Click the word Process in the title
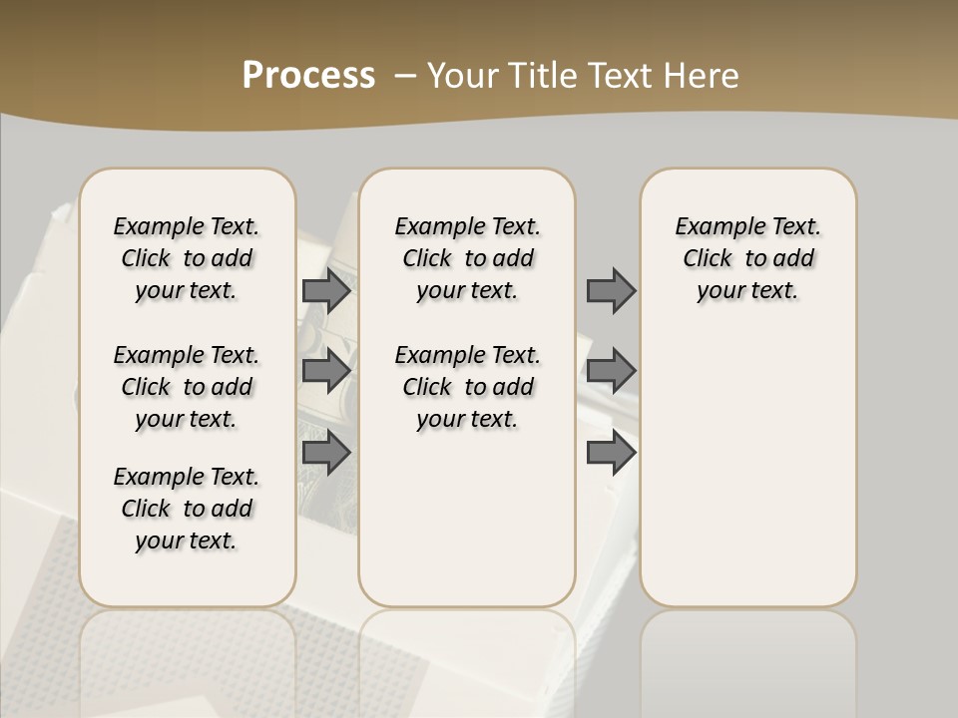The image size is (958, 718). coord(308,76)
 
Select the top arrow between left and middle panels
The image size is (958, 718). coord(326,290)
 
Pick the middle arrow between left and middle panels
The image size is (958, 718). coord(326,371)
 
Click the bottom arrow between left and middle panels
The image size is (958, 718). coord(326,453)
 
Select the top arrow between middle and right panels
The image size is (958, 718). coord(611,290)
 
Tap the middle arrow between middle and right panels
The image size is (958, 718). coord(611,371)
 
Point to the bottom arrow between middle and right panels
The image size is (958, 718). coord(611,453)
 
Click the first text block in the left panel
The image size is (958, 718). coord(187,258)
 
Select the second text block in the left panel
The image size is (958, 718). coord(187,387)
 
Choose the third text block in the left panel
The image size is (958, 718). coord(187,509)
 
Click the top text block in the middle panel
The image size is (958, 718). coord(467,258)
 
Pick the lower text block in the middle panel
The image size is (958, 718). coord(467,387)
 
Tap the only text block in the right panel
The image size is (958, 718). coord(747,258)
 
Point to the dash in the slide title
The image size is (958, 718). coord(405,76)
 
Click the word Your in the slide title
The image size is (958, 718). coord(460,76)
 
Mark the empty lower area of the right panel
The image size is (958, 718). coord(747,469)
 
